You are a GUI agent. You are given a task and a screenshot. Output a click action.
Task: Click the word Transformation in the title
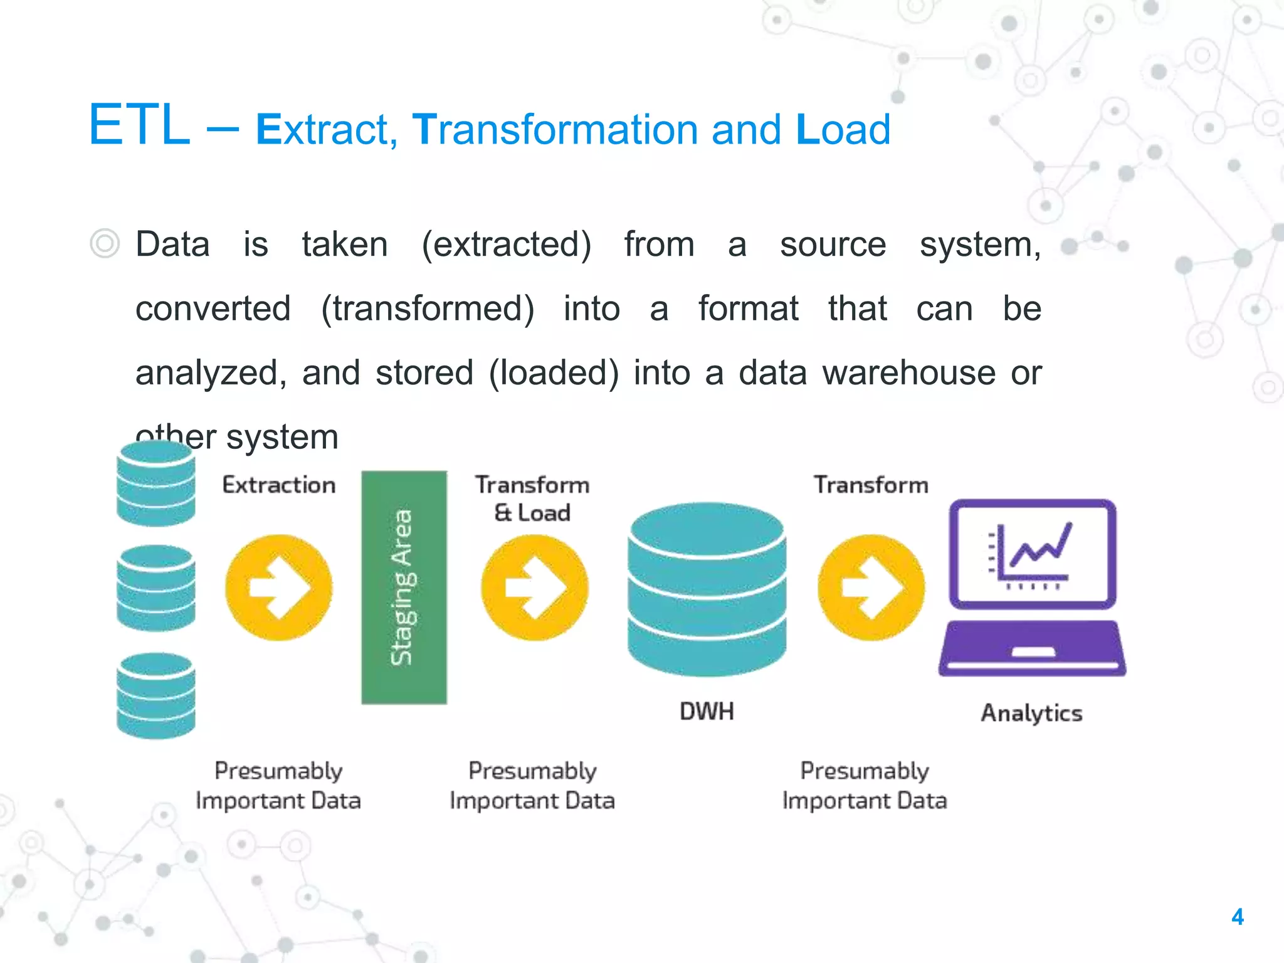pos(553,130)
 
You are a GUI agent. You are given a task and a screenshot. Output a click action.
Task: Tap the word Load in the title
pos(843,130)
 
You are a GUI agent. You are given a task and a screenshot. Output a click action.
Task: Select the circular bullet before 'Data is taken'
pos(105,243)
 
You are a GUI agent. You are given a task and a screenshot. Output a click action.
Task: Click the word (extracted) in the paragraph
pos(506,245)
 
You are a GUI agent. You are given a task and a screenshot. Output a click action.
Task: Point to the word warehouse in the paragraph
pos(908,373)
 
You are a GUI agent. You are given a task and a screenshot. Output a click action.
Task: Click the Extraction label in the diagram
pos(279,485)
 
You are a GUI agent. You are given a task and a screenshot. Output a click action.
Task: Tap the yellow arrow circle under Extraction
pos(279,587)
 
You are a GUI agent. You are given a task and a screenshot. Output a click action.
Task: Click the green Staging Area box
pos(404,587)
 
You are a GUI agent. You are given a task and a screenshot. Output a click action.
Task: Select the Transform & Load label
pos(532,498)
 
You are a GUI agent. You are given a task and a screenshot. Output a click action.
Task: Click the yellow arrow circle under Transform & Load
pos(534,587)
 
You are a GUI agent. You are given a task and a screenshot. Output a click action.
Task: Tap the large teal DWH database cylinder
pos(707,589)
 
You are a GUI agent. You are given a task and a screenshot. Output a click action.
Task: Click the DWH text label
pos(707,712)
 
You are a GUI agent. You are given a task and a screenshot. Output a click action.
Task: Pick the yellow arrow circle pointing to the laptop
pos(871,587)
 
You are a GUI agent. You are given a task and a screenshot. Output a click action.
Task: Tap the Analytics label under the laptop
pos(1031,713)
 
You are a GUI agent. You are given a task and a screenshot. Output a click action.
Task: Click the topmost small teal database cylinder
pos(156,483)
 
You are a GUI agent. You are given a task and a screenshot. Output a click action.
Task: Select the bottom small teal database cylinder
pos(156,696)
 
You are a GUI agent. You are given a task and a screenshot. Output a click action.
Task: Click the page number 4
pos(1237,917)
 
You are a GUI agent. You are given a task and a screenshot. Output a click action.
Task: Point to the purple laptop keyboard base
pos(1032,648)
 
